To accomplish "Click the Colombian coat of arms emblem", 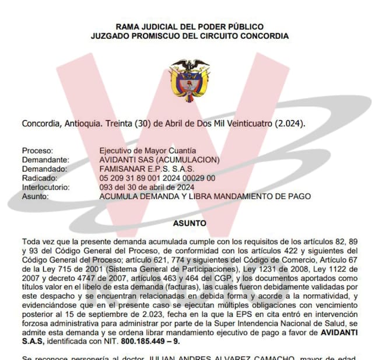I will click(x=189, y=80).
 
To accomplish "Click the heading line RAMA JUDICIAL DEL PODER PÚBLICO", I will click(x=189, y=27).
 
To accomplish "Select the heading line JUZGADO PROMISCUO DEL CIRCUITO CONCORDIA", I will click(x=189, y=36).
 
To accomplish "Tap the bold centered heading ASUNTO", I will click(x=189, y=223).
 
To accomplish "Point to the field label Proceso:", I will click(x=37, y=151).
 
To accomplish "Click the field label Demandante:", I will click(x=45, y=160).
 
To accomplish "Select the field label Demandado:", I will click(x=44, y=169).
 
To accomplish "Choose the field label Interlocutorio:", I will click(x=45, y=187).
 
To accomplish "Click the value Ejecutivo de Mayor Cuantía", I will click(x=148, y=151).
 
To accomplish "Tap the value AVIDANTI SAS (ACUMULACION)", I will click(x=159, y=160).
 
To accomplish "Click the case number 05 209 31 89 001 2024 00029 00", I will click(x=157, y=178).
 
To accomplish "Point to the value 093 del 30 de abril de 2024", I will click(x=147, y=187).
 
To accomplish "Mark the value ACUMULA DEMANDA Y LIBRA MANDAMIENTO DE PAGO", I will click(x=205, y=197).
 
